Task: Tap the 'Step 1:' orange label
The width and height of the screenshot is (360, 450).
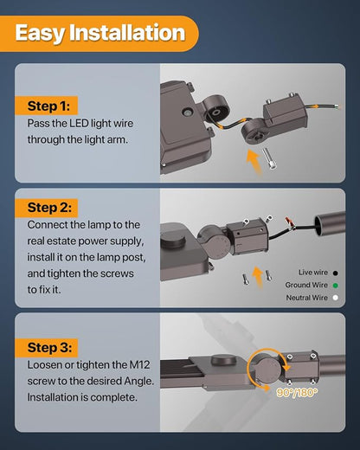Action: pos(47,106)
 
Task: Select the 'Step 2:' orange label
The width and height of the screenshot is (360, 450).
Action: pos(47,208)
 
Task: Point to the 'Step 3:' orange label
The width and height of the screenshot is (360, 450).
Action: pos(47,348)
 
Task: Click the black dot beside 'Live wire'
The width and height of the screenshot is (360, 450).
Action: pos(335,273)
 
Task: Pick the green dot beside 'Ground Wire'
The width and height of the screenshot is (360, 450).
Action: pos(335,286)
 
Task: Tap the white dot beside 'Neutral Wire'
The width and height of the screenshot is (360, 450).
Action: pos(335,298)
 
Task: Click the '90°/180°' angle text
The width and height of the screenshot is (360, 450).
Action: pos(297,393)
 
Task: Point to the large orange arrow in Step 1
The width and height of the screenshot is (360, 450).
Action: pos(255,162)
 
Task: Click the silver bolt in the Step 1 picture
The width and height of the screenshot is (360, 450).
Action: pos(269,158)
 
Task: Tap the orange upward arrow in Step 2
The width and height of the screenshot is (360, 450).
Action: pos(258,278)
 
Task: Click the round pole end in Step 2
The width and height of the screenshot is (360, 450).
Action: pos(330,223)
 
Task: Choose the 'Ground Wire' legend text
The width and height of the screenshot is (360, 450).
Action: pos(306,285)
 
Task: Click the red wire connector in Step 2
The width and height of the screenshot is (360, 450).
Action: pos(289,222)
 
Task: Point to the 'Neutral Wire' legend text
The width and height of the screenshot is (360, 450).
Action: pos(307,298)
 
